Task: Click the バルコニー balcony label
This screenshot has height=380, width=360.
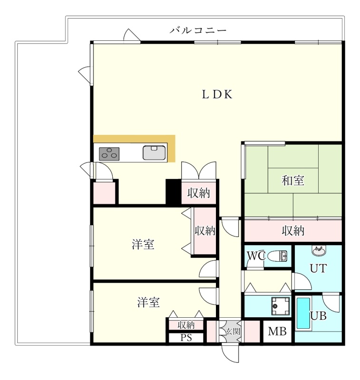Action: coord(198,30)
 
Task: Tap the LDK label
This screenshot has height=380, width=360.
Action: coord(217,95)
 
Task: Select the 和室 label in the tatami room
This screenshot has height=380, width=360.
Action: coord(293,180)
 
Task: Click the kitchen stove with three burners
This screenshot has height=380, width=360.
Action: coord(109,153)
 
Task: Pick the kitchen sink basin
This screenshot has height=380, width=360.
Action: coord(154,152)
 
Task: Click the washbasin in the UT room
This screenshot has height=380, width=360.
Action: coord(319,251)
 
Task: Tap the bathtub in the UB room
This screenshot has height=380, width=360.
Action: coord(304,314)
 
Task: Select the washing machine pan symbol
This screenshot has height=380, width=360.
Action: coord(281,306)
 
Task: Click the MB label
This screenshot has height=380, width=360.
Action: coord(277,331)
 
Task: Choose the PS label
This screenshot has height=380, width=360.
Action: coord(186,338)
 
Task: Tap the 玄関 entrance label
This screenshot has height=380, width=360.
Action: coord(233,331)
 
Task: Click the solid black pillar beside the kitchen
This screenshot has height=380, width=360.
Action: coord(174,192)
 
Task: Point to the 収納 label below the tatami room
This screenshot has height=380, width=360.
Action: coord(293,231)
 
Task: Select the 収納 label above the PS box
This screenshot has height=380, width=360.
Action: coord(186,325)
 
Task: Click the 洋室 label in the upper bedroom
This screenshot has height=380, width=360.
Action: coord(143,244)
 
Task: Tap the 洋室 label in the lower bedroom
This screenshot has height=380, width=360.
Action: coord(148,303)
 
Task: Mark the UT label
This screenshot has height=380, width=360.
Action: coord(318,268)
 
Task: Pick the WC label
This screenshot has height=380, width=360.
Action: coord(256,256)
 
